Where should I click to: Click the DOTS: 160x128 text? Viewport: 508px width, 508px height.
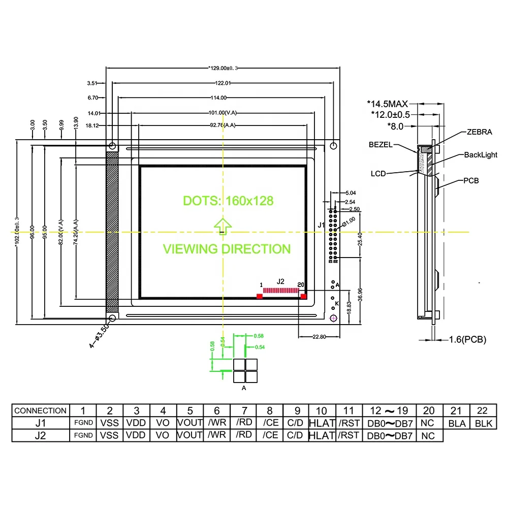(x=228, y=201)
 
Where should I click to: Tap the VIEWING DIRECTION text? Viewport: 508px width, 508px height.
(x=227, y=249)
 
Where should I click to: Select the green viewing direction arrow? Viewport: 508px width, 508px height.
(x=222, y=226)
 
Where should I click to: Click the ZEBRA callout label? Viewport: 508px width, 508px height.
(x=479, y=132)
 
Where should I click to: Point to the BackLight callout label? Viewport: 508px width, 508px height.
(x=481, y=155)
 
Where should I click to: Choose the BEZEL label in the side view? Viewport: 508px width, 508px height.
(x=380, y=145)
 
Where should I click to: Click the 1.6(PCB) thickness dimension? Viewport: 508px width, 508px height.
(x=467, y=339)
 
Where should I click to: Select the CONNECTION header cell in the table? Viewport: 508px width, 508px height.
(x=40, y=410)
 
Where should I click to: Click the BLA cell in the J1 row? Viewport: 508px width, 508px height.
(x=457, y=423)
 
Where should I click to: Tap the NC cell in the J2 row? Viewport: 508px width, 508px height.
(x=429, y=435)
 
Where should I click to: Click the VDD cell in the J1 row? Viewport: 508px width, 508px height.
(x=136, y=423)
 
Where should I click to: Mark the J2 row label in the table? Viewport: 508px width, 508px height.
(x=40, y=435)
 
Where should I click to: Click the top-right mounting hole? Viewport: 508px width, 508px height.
(x=333, y=146)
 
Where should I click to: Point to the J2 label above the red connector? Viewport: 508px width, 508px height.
(x=280, y=281)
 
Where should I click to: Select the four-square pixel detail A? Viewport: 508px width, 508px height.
(x=245, y=370)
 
